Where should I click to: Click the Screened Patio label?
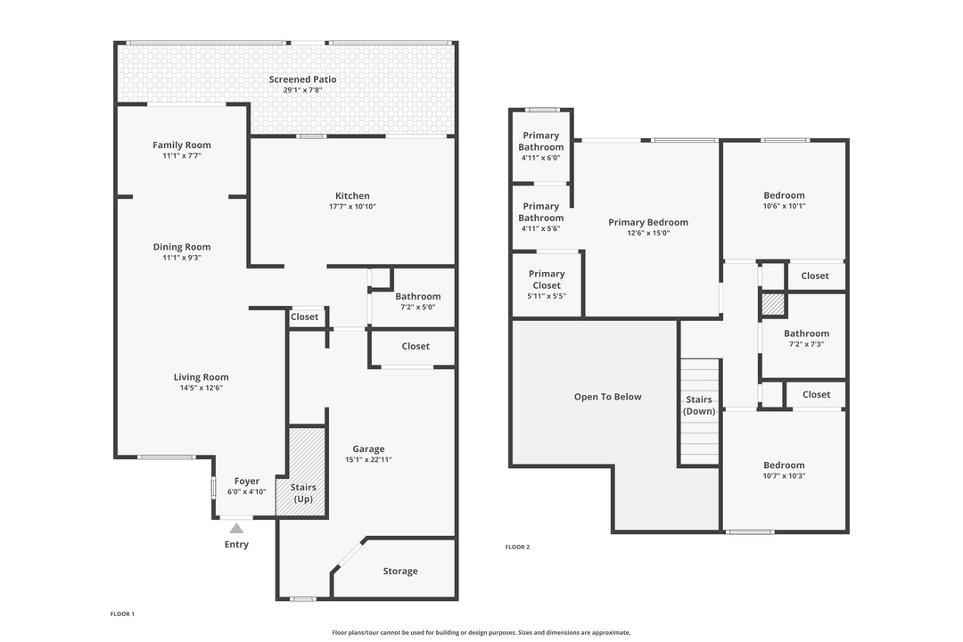coord(303,79)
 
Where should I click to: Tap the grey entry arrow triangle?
coord(236,529)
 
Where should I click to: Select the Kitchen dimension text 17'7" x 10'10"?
coord(352,207)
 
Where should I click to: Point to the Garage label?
coord(368,449)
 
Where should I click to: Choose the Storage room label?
coord(399,572)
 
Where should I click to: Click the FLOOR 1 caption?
coord(122,614)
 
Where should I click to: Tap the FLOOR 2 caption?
coord(517,547)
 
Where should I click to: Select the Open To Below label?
coord(607,397)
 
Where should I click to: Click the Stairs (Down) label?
coord(699,406)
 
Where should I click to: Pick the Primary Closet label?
coord(547,280)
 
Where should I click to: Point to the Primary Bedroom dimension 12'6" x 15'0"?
coord(648,234)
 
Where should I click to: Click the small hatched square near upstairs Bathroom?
coord(773,304)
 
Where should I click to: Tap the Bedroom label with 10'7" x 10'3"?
coord(784,465)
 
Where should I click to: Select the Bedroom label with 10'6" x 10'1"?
coord(784,195)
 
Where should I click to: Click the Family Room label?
coord(182,145)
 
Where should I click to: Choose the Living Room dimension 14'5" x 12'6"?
coord(202,388)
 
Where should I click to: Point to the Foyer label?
coord(247,481)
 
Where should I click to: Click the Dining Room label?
coord(182,247)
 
